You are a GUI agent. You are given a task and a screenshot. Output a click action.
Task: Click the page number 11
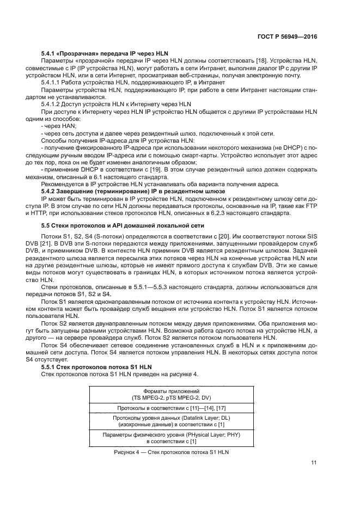pos(314,463)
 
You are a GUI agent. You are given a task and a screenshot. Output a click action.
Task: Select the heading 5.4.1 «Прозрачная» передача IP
pos(99,54)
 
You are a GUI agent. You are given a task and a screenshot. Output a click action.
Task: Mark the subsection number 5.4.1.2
pos(53,103)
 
